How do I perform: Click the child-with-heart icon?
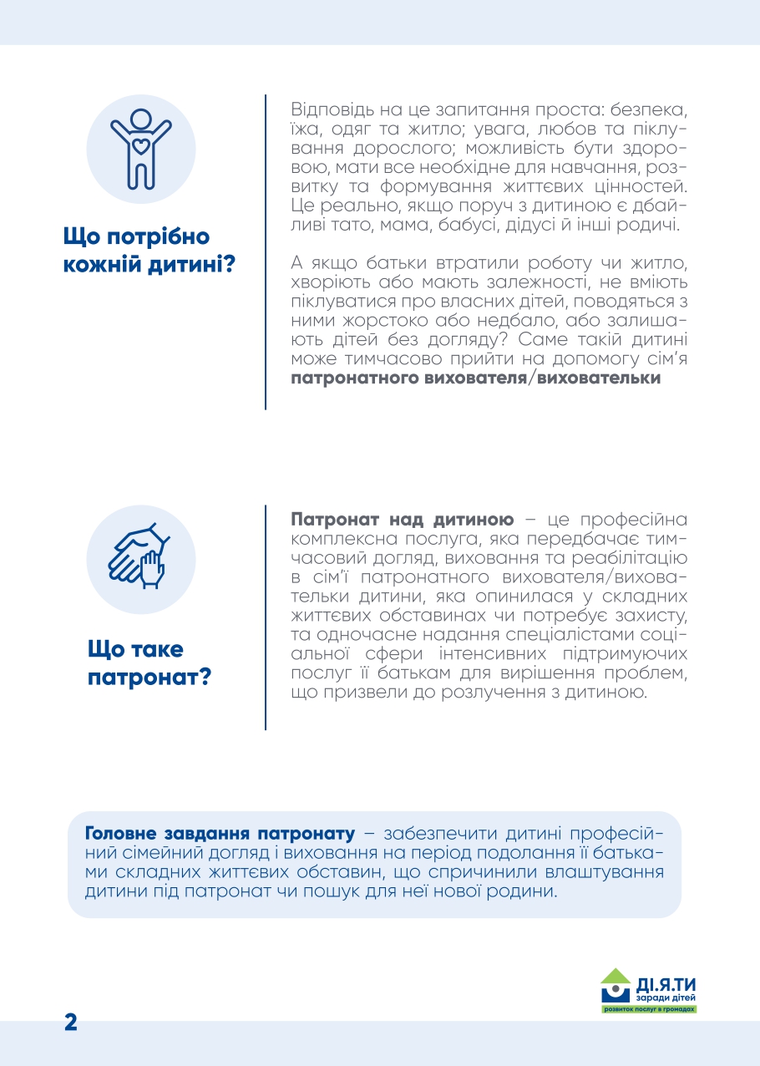[x=141, y=148]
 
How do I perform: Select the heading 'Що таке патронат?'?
[x=149, y=662]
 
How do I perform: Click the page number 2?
[x=71, y=1022]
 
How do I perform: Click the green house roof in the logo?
[x=616, y=975]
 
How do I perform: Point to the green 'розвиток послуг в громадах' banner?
[x=649, y=1009]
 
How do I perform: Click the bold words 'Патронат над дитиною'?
[x=402, y=520]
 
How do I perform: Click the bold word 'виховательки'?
[x=598, y=378]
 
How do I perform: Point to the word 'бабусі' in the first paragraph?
[x=462, y=226]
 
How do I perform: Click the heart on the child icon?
[x=141, y=145]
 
